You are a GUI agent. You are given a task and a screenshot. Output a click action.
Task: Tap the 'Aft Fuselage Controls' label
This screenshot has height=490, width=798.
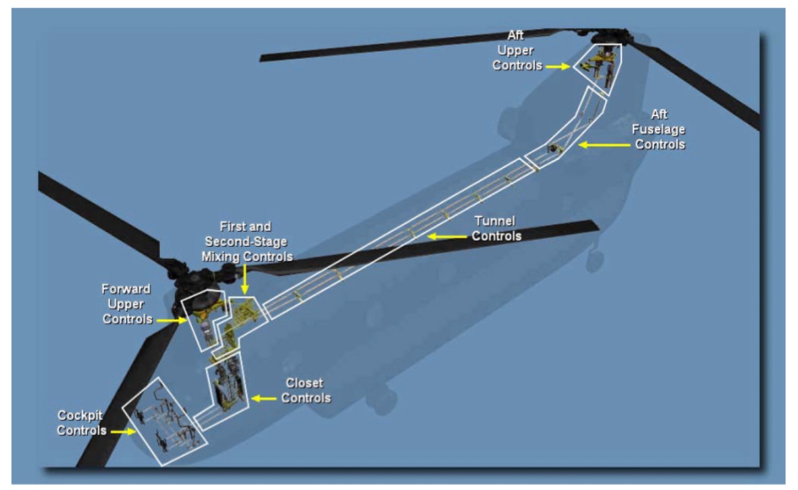tap(660, 128)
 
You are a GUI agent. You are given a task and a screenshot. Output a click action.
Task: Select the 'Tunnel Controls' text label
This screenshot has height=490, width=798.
tap(496, 229)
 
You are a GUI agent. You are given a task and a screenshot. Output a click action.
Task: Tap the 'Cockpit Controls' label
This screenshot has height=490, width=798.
tap(83, 422)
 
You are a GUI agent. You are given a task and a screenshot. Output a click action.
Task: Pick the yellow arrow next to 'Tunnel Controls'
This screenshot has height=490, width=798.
tap(446, 237)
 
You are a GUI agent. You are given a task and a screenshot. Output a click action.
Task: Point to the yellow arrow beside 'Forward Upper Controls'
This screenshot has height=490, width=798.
tap(172, 320)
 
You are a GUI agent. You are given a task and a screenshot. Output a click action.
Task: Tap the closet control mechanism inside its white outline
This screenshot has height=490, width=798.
tap(227, 386)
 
